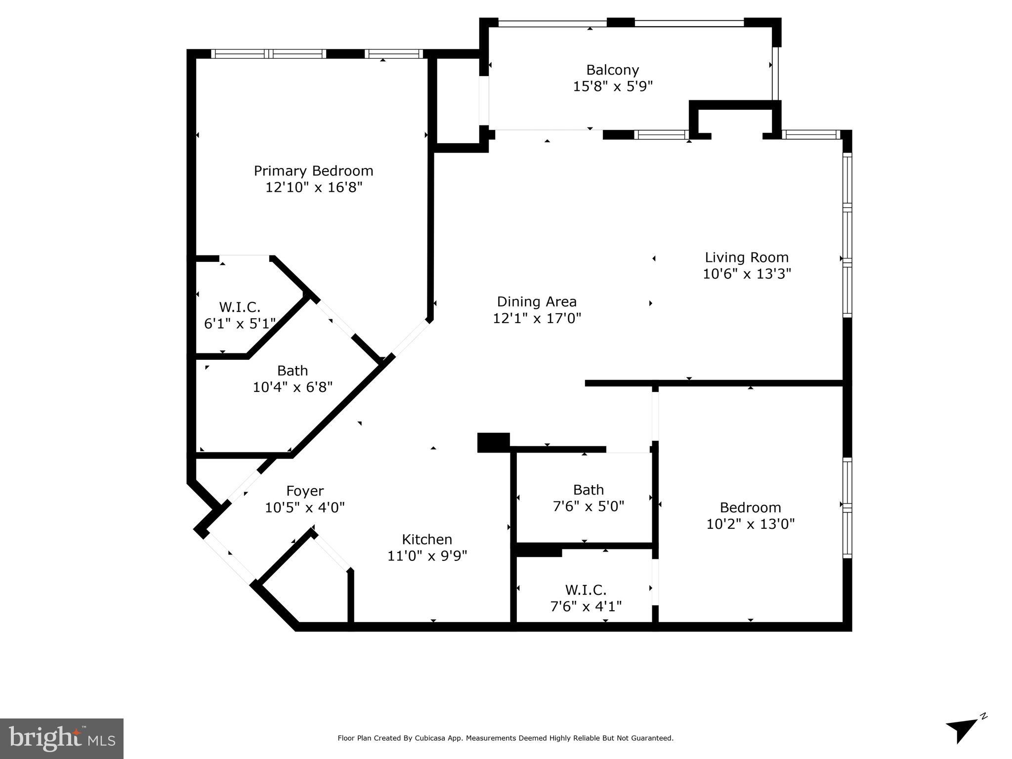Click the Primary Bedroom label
(x=313, y=171)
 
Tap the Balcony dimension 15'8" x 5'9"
(x=613, y=86)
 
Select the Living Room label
(x=747, y=257)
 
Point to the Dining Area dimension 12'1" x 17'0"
(x=537, y=318)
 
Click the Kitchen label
(x=427, y=539)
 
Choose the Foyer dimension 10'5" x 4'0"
(x=305, y=507)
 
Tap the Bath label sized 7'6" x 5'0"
(x=589, y=490)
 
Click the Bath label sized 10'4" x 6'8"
(x=293, y=371)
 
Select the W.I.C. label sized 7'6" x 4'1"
(x=586, y=590)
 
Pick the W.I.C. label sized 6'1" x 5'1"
(x=240, y=307)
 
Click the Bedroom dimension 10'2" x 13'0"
(x=750, y=524)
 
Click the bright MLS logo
(x=62, y=738)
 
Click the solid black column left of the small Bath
(x=493, y=442)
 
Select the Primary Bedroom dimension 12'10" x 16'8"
(x=313, y=187)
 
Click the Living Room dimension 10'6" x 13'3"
(x=747, y=273)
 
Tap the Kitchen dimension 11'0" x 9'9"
(x=427, y=556)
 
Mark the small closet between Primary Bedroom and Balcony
(x=458, y=101)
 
